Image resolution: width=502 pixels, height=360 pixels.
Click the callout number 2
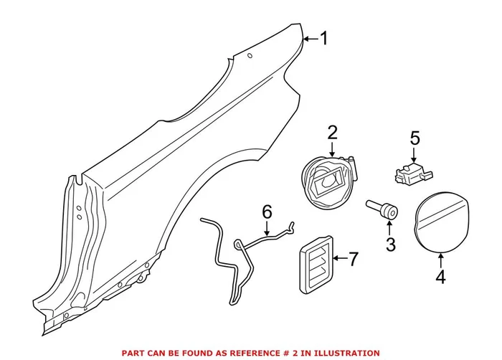click(332, 132)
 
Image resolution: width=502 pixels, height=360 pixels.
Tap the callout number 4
click(440, 276)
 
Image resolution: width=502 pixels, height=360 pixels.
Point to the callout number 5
click(414, 136)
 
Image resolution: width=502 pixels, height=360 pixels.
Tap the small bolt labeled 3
click(383, 209)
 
